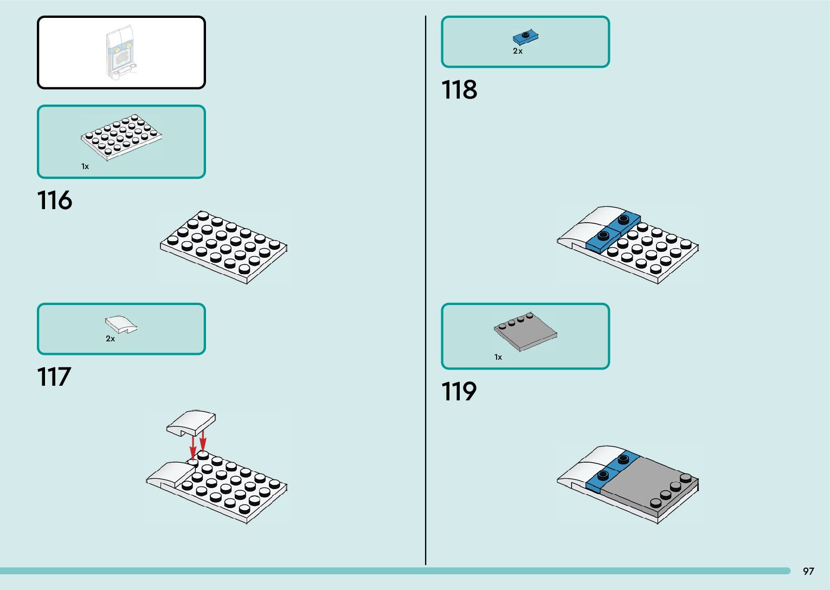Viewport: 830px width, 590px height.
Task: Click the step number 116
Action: [54, 200]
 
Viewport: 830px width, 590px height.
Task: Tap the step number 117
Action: [54, 377]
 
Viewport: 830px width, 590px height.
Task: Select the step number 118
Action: [459, 90]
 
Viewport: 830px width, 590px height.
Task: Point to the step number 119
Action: [459, 392]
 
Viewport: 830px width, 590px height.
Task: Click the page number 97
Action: [808, 571]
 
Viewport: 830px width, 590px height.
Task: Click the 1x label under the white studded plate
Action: [85, 166]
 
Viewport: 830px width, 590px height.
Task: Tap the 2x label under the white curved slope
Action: [110, 339]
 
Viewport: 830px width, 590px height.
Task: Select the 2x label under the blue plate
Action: [518, 51]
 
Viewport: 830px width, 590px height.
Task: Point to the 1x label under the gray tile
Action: [498, 357]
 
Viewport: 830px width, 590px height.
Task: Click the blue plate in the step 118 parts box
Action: [525, 37]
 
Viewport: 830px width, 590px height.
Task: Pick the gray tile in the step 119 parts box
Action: [525, 332]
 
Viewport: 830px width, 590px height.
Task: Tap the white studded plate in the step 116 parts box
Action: [121, 137]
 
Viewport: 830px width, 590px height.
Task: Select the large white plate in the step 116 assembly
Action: [223, 247]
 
